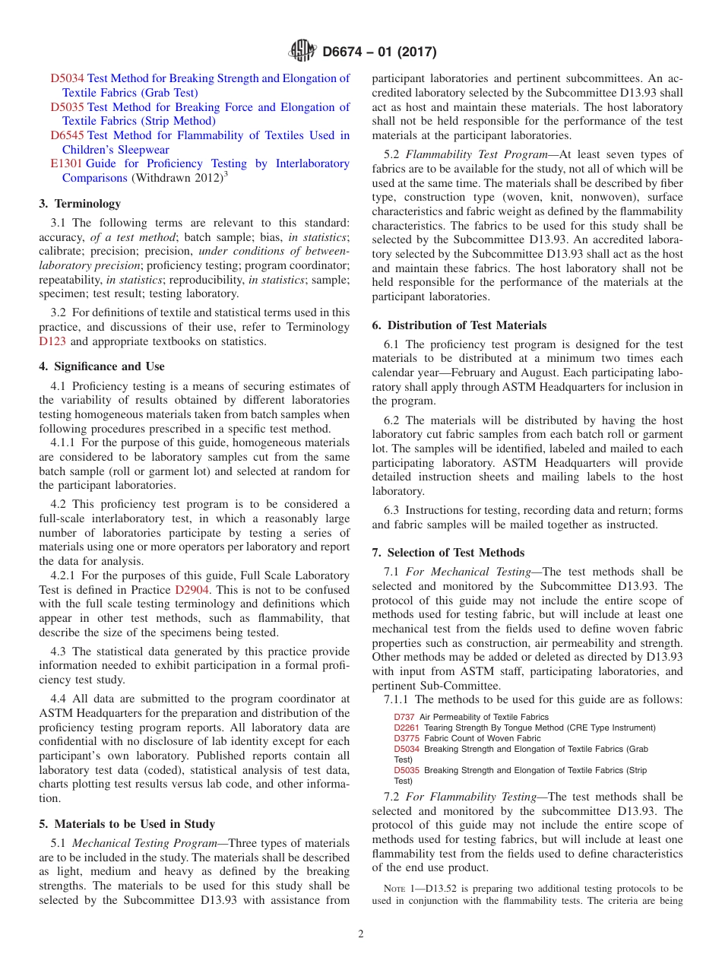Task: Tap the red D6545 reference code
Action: pyautogui.click(x=68, y=135)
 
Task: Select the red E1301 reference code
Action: pyautogui.click(x=66, y=163)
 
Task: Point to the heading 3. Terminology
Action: pyautogui.click(x=80, y=204)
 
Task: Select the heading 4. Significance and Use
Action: pyautogui.click(x=101, y=366)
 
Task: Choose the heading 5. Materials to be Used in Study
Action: pyautogui.click(x=127, y=824)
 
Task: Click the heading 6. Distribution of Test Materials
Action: pyautogui.click(x=459, y=325)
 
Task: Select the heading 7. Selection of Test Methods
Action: pyautogui.click(x=448, y=553)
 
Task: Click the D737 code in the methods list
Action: pyautogui.click(x=404, y=717)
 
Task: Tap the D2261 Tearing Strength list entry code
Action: pyautogui.click(x=407, y=728)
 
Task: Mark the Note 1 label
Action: pyautogui.click(x=399, y=889)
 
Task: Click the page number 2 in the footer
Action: pyautogui.click(x=361, y=934)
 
